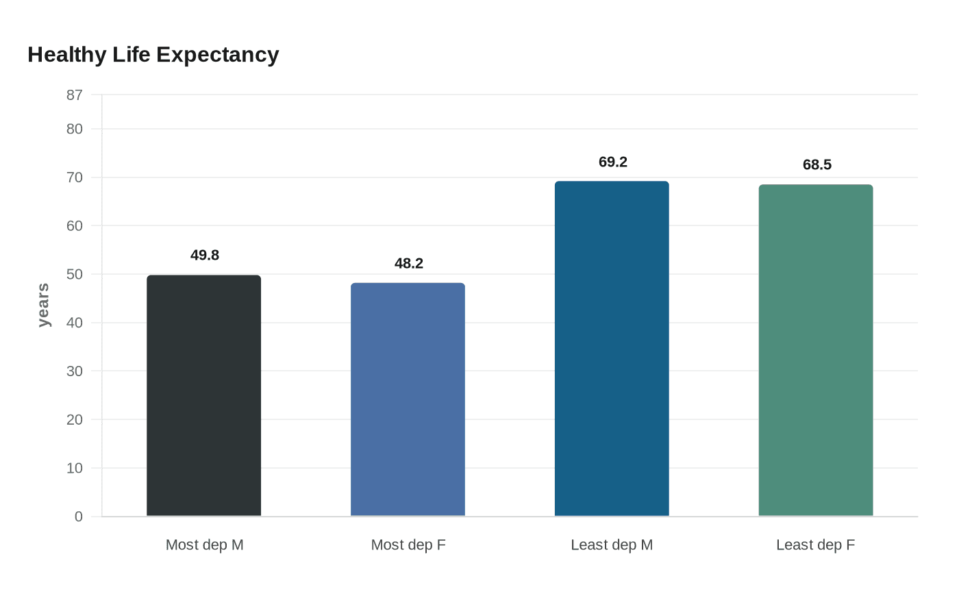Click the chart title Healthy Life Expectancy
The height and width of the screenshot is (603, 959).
tap(153, 55)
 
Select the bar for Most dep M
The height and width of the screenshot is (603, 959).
tap(203, 395)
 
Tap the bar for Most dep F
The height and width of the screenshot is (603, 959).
tap(408, 399)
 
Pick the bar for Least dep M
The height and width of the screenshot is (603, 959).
tap(612, 349)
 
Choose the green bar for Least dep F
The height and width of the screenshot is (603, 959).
tap(816, 350)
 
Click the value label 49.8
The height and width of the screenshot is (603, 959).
tap(205, 256)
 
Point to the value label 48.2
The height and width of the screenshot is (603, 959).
tap(409, 264)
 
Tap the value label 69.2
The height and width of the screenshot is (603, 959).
tap(613, 162)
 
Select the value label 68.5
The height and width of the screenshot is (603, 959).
tap(817, 165)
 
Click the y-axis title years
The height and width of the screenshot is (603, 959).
tap(43, 306)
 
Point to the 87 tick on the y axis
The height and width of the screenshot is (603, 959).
tap(75, 95)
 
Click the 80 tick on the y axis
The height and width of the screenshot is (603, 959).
tap(75, 129)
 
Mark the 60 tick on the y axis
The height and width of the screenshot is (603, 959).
tap(75, 226)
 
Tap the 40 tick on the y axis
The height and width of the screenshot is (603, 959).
tap(75, 323)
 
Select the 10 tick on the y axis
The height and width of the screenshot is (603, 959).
tap(75, 468)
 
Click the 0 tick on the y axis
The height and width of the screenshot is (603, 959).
tap(79, 517)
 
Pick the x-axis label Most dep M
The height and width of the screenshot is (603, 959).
tap(205, 545)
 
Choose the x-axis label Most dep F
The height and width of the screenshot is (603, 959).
tap(408, 545)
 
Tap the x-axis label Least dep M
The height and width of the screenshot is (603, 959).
tap(612, 545)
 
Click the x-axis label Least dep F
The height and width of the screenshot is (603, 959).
tap(815, 545)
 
